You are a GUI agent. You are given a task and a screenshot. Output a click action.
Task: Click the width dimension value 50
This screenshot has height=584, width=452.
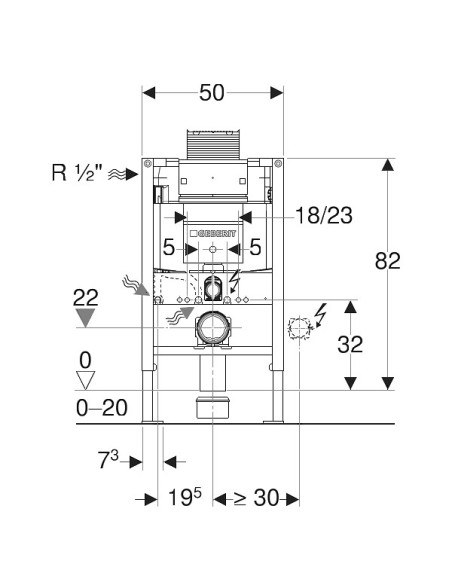(x=212, y=93)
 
